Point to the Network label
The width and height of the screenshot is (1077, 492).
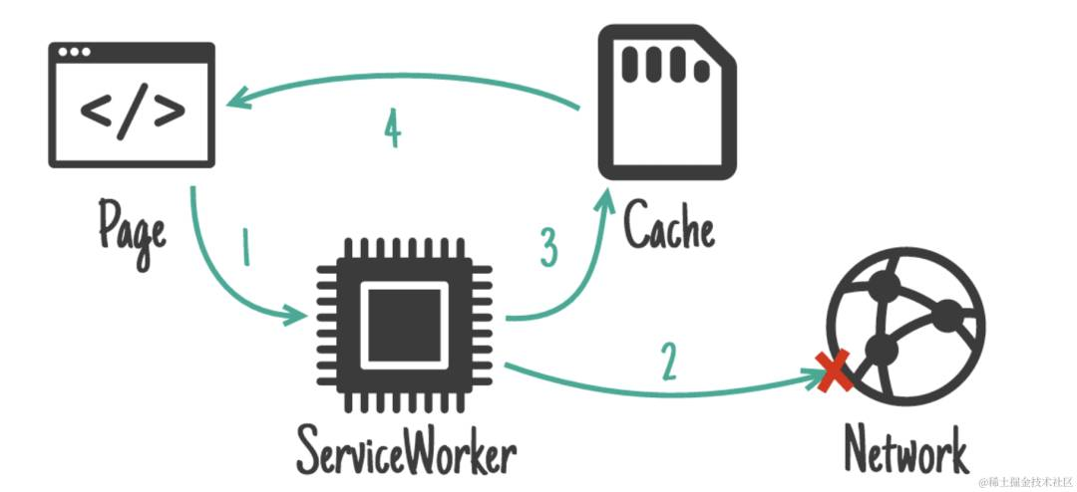tap(905, 449)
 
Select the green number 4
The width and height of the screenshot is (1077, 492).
tap(392, 129)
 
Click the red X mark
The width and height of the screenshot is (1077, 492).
tap(834, 371)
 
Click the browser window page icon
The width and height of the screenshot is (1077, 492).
tap(132, 105)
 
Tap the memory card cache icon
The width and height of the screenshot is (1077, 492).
tap(667, 103)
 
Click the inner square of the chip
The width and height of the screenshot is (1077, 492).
tap(405, 325)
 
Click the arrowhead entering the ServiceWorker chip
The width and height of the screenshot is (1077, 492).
tap(295, 317)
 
